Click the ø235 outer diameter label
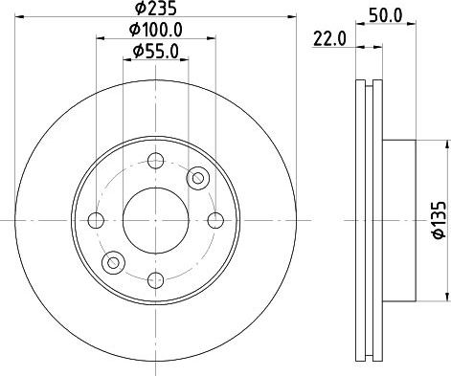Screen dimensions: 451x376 click(155, 9)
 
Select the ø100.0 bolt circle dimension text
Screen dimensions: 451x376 click(156, 30)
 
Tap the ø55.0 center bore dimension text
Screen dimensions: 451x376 click(156, 52)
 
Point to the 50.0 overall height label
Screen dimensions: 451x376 click(386, 15)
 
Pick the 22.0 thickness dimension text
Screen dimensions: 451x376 click(329, 39)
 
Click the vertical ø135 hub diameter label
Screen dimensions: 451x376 click(440, 220)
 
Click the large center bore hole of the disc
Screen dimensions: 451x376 click(155, 220)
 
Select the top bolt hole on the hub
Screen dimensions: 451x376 click(156, 161)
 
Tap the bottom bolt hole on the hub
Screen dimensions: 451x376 click(156, 280)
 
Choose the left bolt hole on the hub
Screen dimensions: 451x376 click(96, 220)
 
